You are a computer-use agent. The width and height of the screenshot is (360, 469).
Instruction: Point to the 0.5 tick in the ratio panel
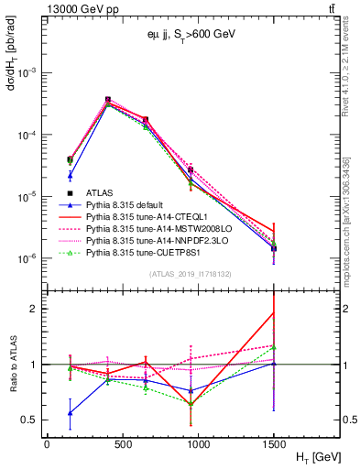pos(31,420)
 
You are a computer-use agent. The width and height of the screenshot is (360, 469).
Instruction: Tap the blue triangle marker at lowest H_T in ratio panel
pos(70,413)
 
